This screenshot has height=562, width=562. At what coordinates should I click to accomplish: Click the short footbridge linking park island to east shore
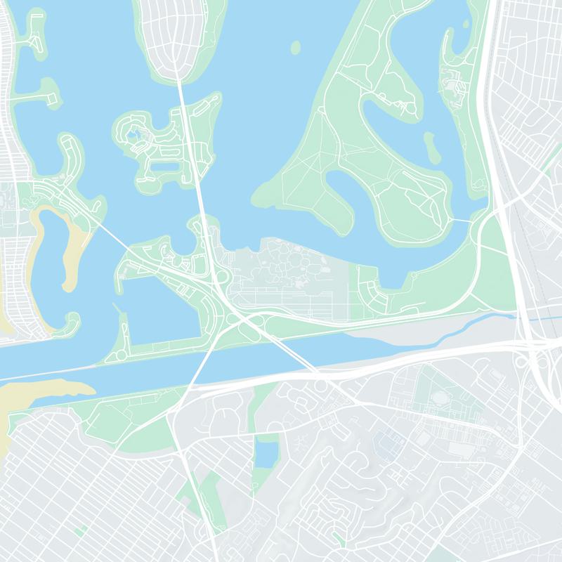[460, 221]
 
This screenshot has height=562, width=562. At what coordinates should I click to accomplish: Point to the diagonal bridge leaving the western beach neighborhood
[113, 236]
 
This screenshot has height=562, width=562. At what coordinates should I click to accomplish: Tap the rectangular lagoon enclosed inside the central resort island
[165, 166]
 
